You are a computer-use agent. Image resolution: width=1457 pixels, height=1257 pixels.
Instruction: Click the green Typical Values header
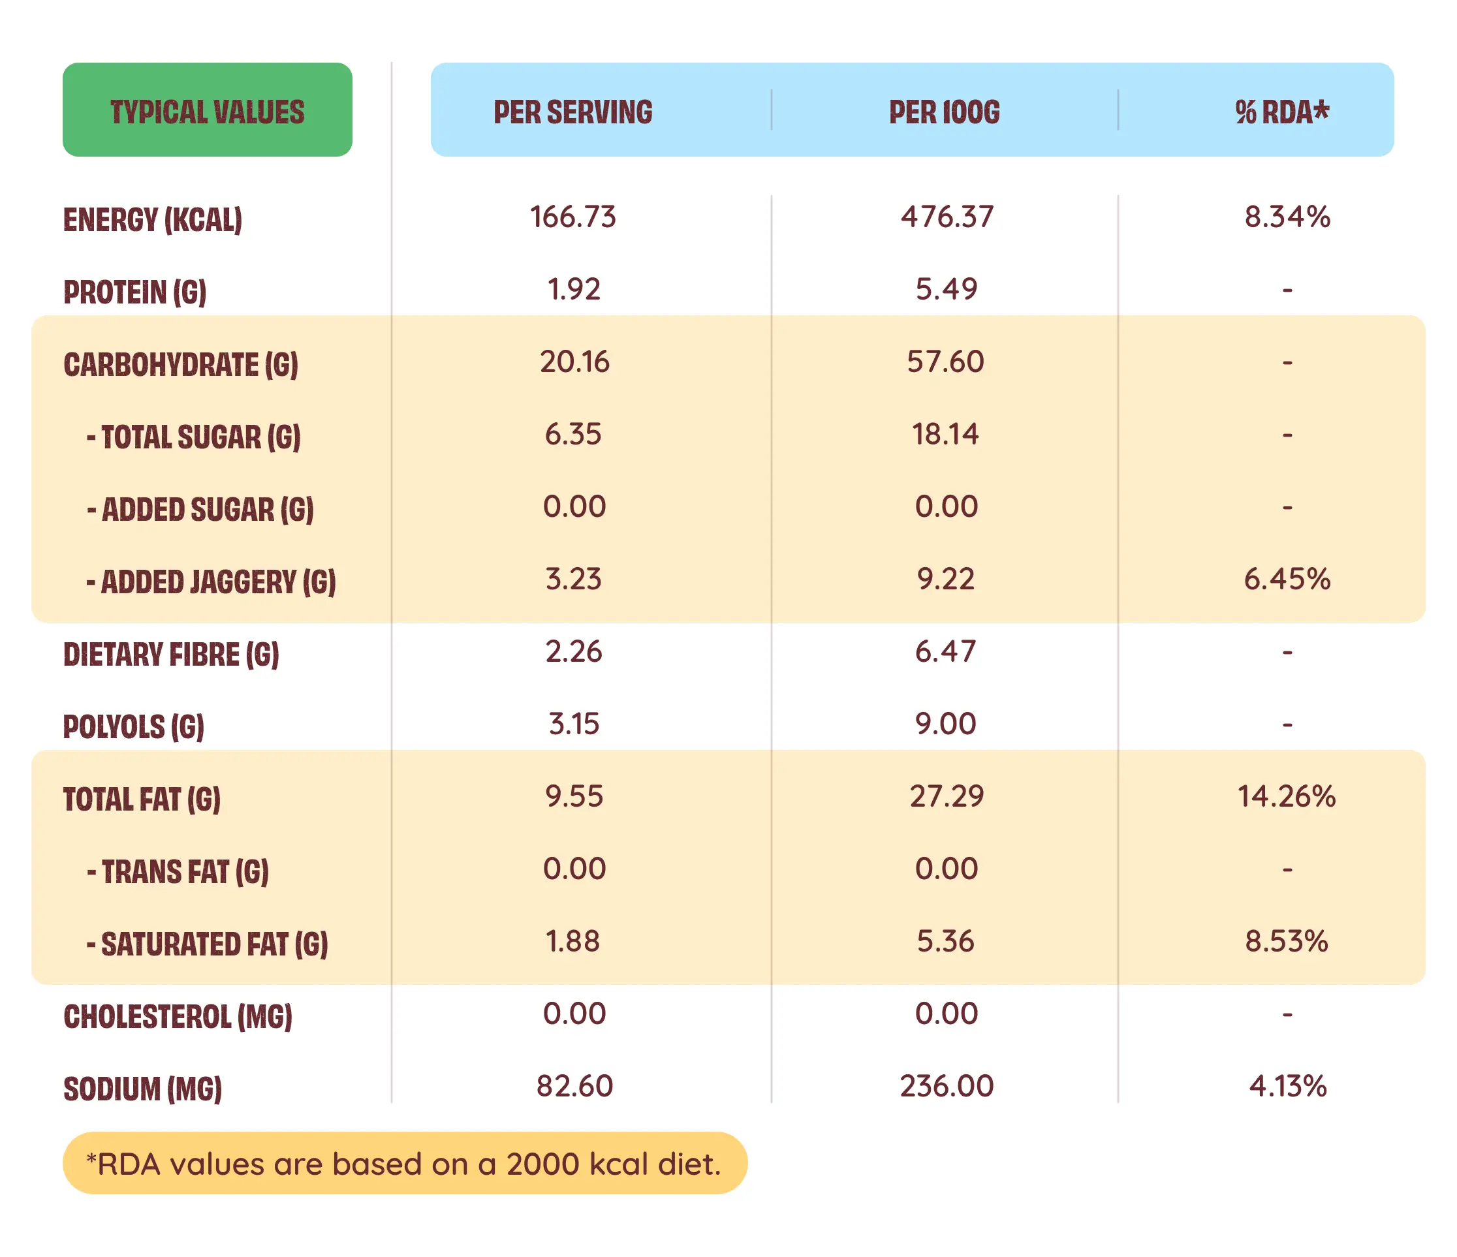click(208, 110)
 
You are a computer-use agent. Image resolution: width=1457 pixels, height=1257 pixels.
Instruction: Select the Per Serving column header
click(572, 112)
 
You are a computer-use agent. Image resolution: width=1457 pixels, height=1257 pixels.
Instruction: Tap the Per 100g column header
click(944, 112)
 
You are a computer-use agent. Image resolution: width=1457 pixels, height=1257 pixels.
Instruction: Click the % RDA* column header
click(1281, 112)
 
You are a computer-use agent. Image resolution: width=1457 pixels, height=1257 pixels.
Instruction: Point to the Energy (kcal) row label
click(153, 219)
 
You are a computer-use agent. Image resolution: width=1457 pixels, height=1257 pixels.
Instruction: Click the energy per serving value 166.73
click(572, 217)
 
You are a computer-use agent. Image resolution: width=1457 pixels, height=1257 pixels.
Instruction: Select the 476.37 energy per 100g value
click(947, 217)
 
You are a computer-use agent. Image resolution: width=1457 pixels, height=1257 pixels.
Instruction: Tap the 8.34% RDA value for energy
click(1287, 217)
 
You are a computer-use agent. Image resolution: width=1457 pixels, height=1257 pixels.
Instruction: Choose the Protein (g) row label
click(135, 292)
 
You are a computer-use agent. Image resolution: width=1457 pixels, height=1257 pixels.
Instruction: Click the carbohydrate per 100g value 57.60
click(945, 362)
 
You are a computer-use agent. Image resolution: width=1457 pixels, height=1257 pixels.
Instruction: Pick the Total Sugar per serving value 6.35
click(572, 434)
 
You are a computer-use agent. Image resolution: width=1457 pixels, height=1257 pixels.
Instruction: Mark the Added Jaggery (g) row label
click(211, 582)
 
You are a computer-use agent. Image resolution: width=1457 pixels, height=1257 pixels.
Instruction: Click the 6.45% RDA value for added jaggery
click(1287, 580)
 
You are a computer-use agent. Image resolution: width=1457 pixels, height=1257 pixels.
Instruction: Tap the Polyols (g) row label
click(134, 726)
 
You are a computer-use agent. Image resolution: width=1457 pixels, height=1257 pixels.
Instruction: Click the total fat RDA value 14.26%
click(1286, 796)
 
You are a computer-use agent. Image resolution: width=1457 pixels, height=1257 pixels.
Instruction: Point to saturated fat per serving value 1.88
click(572, 941)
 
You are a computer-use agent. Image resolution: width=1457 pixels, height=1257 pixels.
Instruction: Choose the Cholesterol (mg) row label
click(178, 1017)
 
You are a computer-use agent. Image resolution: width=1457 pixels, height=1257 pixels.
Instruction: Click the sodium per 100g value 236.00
click(947, 1086)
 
